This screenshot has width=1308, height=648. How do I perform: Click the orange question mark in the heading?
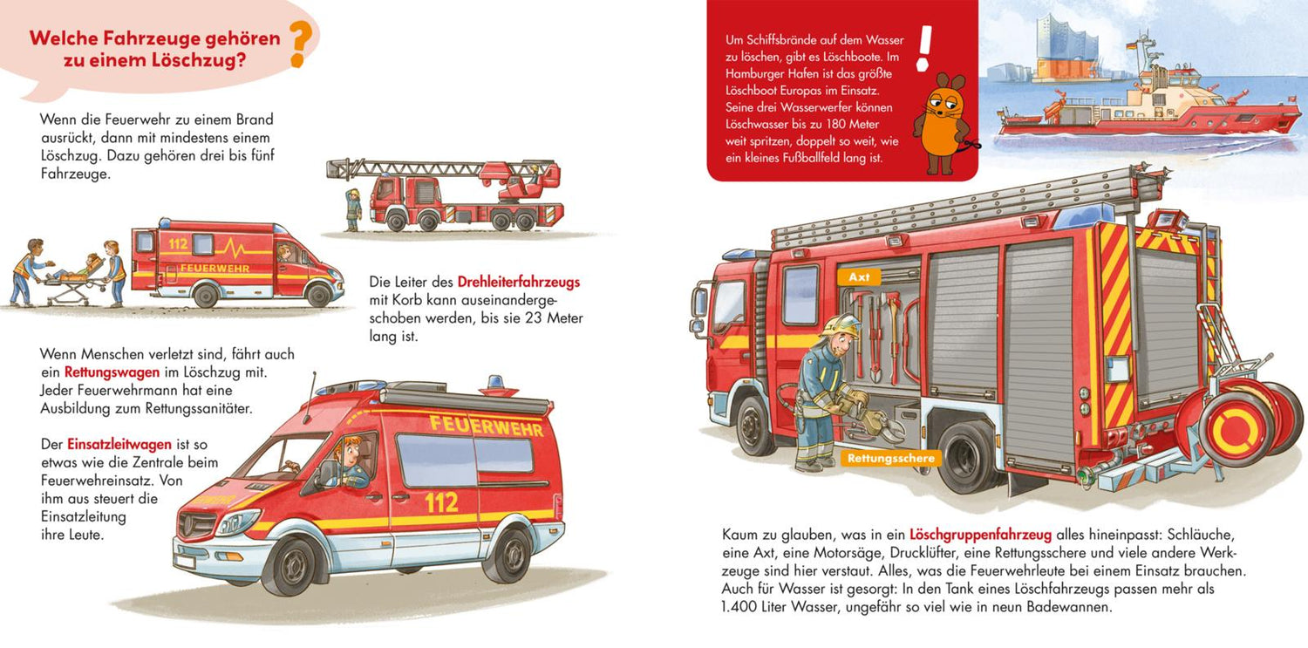click(301, 44)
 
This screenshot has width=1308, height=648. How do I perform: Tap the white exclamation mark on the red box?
click(923, 48)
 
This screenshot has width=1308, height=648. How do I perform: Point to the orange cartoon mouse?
click(941, 123)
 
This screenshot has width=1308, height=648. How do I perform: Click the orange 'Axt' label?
click(859, 276)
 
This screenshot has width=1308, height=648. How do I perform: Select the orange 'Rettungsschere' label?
click(890, 458)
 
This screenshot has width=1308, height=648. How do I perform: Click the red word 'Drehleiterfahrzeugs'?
click(519, 282)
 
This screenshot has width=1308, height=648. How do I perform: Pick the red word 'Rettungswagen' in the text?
click(112, 372)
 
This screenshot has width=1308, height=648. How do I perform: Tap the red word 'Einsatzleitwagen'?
click(119, 444)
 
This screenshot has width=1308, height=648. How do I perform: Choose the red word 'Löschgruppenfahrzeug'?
click(980, 535)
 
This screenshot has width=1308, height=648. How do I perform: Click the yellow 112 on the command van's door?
click(441, 502)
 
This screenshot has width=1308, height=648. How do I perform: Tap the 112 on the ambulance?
click(178, 243)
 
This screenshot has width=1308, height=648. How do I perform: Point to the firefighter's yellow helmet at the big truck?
click(842, 325)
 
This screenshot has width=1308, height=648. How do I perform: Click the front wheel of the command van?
click(290, 566)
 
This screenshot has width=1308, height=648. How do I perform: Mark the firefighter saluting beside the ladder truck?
click(353, 209)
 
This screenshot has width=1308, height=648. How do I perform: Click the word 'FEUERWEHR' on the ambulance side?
click(215, 269)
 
